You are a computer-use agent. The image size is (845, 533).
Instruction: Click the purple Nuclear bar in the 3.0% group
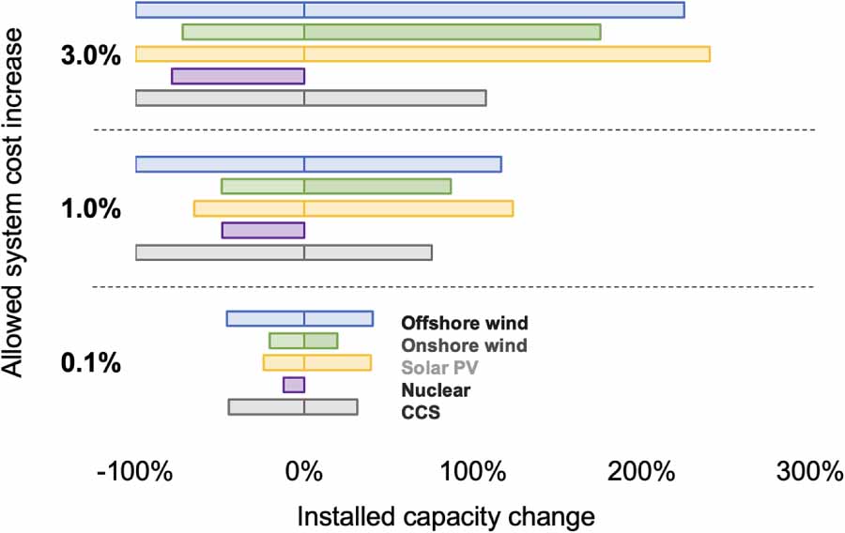(x=238, y=76)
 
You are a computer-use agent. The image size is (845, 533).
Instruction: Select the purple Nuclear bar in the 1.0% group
(x=263, y=230)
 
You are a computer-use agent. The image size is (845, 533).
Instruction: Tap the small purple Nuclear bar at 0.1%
(x=294, y=385)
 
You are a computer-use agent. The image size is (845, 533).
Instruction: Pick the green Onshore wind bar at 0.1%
(x=303, y=341)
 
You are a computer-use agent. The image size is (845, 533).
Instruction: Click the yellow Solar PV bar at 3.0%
(x=422, y=53)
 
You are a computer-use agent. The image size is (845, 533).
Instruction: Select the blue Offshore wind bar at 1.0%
(x=318, y=164)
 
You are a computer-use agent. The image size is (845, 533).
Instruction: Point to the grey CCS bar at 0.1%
(x=293, y=407)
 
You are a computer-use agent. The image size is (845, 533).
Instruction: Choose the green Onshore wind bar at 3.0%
(x=392, y=32)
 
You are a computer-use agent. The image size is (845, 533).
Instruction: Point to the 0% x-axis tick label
(x=303, y=473)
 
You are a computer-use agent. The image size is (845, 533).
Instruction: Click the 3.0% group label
(x=90, y=56)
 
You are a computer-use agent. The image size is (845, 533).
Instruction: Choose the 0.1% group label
(x=90, y=363)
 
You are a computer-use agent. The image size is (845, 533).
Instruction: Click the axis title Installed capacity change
(x=446, y=516)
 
